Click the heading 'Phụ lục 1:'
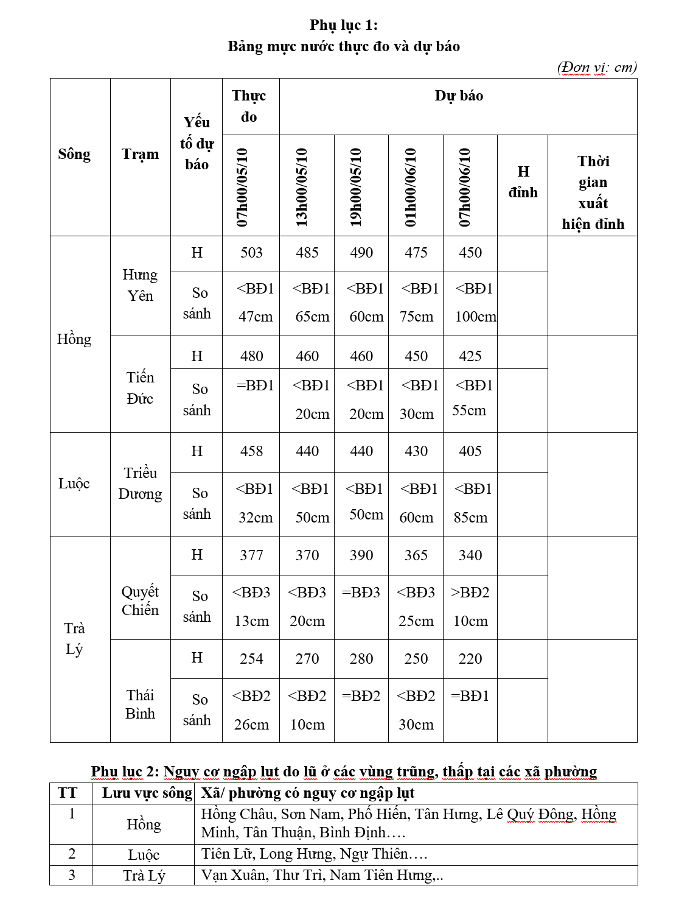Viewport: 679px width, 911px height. [x=343, y=25]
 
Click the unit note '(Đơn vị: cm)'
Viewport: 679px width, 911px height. [x=596, y=67]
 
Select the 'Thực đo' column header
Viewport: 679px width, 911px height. [x=249, y=106]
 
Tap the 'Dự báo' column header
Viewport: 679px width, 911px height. [x=459, y=96]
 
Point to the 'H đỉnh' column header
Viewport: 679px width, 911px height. [x=523, y=182]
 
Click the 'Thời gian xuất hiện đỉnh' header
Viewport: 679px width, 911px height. [x=593, y=192]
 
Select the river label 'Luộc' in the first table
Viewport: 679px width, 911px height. [x=74, y=484]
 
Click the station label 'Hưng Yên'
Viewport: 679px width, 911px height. [x=140, y=285]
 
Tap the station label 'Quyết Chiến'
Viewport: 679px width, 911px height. [x=140, y=600]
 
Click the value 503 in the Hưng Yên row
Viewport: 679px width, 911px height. [x=251, y=253]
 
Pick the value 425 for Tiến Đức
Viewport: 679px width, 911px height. [x=470, y=356]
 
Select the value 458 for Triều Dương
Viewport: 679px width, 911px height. [x=251, y=451]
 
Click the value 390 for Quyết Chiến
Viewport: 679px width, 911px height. [x=361, y=555]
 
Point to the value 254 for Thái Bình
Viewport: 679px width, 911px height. [x=251, y=659]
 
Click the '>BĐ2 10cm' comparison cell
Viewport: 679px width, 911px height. [x=470, y=607]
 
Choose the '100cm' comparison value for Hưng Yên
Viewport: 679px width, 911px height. [x=475, y=317]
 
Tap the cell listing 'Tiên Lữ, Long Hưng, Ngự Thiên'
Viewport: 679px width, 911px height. [x=314, y=854]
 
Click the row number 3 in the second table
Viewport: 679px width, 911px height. [x=72, y=875]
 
